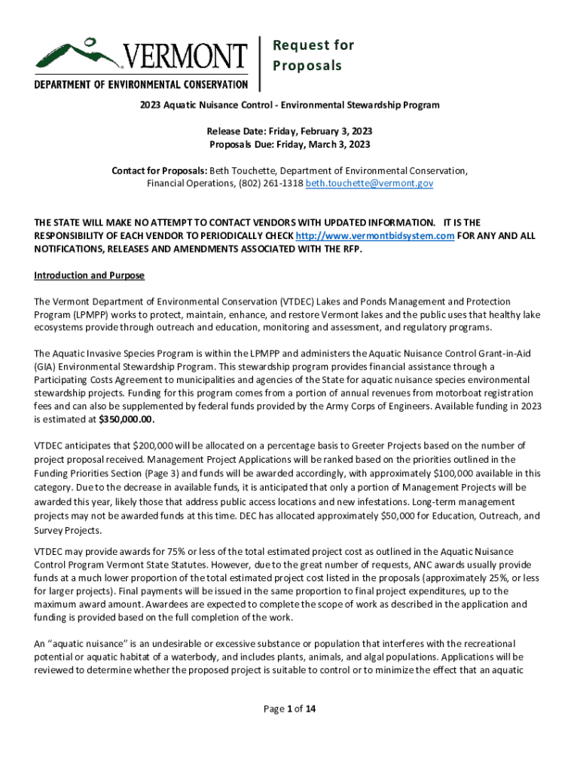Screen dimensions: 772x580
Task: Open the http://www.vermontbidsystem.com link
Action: pos(374,236)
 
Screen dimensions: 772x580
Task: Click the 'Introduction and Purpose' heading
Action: pos(89,275)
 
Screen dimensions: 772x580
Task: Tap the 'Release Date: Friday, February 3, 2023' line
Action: pos(290,131)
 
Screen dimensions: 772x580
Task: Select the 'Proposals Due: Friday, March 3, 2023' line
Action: pos(290,144)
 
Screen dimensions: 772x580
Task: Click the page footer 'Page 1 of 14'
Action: pos(290,708)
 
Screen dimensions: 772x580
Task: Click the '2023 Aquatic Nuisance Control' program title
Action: pos(290,105)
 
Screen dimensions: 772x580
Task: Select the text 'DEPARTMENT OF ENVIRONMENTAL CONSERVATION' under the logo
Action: pos(141,84)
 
